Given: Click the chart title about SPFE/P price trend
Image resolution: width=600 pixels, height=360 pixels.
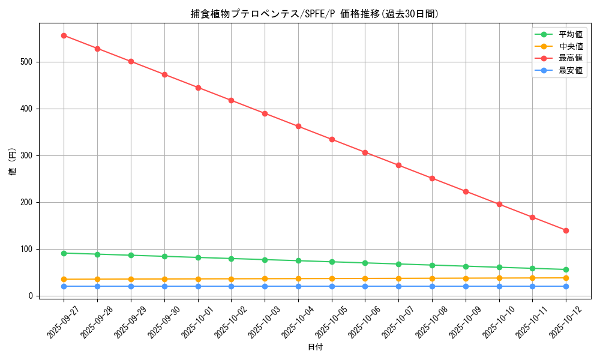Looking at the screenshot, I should pyautogui.click(x=314, y=14).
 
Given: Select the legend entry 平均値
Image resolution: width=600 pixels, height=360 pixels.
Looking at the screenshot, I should pyautogui.click(x=570, y=34).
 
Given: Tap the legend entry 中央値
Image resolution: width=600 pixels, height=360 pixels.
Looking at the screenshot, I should pyautogui.click(x=570, y=46).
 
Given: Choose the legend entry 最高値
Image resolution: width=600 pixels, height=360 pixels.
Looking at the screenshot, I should pyautogui.click(x=570, y=58).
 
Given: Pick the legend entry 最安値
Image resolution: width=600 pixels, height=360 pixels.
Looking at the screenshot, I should pyautogui.click(x=570, y=70).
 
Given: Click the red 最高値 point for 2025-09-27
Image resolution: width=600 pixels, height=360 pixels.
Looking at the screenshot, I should pyautogui.click(x=64, y=35).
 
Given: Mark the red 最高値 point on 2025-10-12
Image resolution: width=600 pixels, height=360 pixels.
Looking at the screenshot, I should pyautogui.click(x=566, y=230).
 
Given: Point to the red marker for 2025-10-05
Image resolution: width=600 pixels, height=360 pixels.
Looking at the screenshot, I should pyautogui.click(x=332, y=139).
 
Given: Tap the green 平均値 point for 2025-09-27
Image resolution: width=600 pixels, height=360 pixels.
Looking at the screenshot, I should pyautogui.click(x=64, y=253).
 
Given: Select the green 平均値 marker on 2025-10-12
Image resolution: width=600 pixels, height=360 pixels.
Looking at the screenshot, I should pyautogui.click(x=566, y=269).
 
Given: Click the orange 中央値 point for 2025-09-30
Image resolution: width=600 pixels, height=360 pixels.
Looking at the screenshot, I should pyautogui.click(x=164, y=279).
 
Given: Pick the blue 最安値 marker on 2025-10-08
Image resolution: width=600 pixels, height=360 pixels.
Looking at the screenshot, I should pyautogui.click(x=432, y=286).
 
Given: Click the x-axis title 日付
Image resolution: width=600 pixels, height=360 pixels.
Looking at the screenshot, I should pyautogui.click(x=315, y=347).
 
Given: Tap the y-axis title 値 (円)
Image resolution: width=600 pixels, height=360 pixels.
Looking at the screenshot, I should pyautogui.click(x=13, y=162).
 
